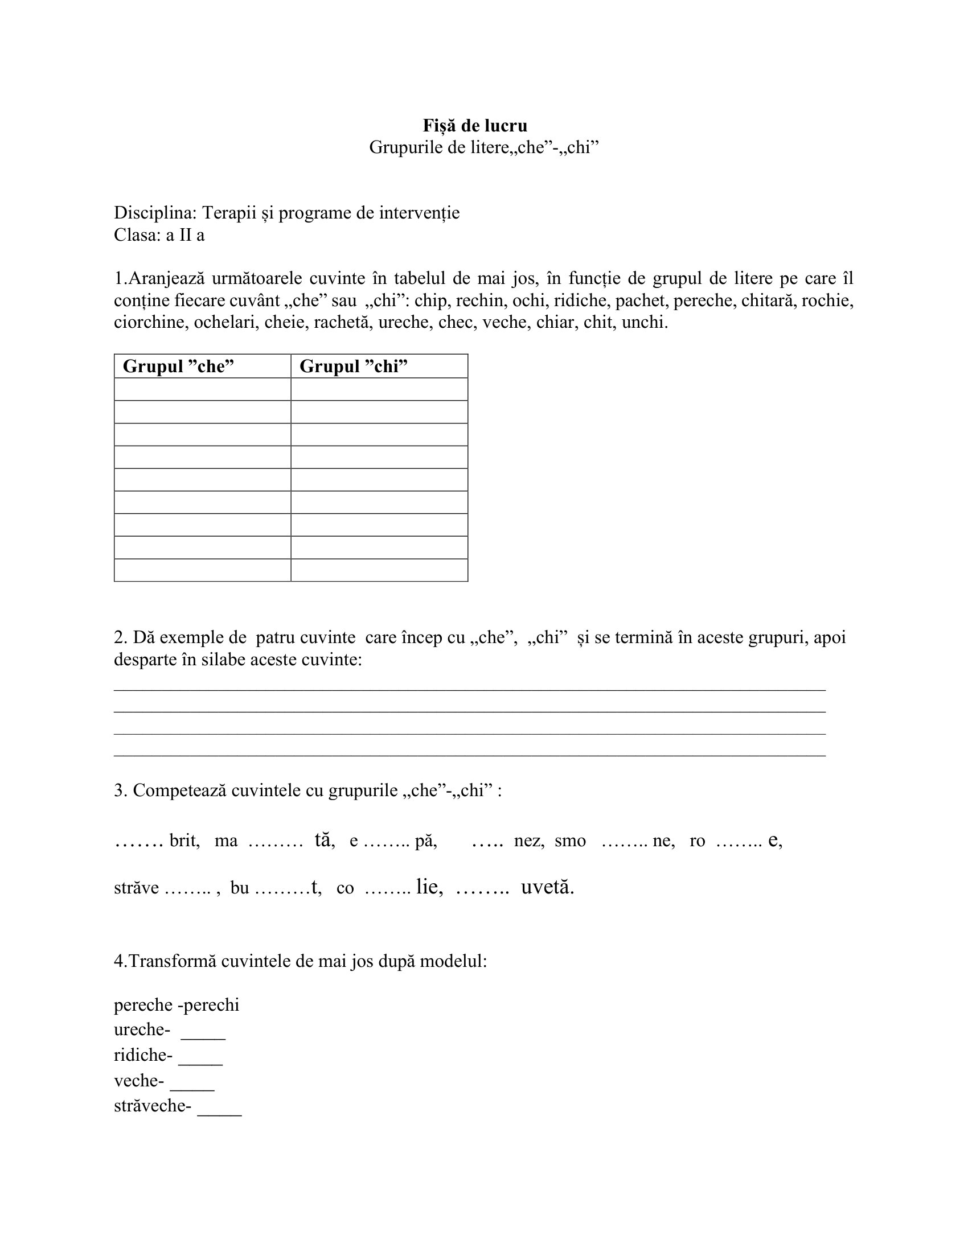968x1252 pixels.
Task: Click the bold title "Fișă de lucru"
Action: [x=475, y=126]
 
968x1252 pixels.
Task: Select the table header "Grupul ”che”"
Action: [x=178, y=366]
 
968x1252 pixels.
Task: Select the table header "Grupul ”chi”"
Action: [x=353, y=366]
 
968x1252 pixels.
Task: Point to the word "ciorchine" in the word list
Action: [x=150, y=323]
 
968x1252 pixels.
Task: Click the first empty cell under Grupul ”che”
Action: [x=203, y=389]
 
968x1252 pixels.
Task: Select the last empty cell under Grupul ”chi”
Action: [x=379, y=570]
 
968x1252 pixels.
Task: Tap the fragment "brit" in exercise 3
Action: [x=184, y=841]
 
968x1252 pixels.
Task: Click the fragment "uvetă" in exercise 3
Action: [x=547, y=887]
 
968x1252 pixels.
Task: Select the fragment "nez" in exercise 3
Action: [x=529, y=841]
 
